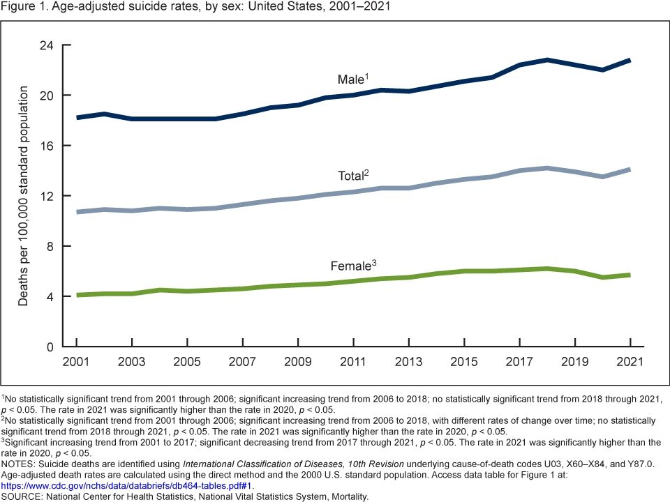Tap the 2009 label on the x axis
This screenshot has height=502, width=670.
coord(298,363)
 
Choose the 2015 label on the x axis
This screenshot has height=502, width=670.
coord(464,363)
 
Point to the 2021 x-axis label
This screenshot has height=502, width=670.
coord(630,363)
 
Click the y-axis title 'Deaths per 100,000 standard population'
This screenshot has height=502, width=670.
coord(23,196)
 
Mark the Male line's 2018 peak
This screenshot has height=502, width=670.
coord(547,60)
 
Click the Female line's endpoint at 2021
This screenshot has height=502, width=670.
coord(630,275)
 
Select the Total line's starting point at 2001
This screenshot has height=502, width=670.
coord(77,212)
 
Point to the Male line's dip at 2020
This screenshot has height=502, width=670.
coord(602,70)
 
